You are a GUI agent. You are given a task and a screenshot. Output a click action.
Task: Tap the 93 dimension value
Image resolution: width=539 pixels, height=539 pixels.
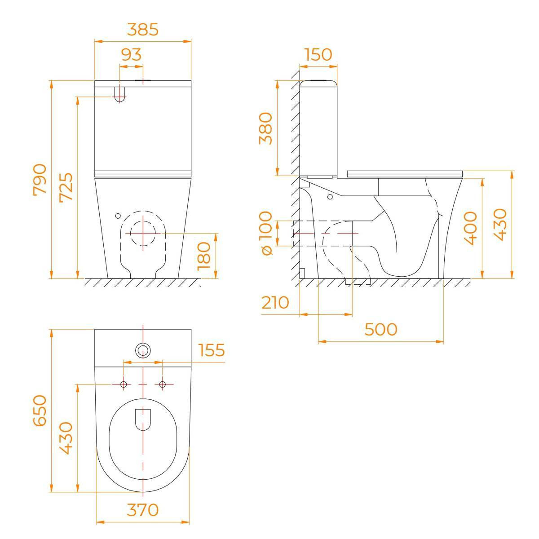pos(132,54)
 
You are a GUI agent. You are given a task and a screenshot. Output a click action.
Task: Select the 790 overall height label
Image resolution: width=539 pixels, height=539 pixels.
pos(40,180)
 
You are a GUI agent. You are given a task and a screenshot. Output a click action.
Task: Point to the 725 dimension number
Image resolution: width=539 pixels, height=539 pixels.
pos(66,187)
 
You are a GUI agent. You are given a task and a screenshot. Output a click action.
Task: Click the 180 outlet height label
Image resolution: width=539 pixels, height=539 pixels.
pos(203,256)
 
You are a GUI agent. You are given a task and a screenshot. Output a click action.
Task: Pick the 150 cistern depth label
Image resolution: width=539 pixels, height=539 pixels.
pos(318,54)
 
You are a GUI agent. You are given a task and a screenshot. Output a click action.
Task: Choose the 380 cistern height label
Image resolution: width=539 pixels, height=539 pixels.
pos(265,128)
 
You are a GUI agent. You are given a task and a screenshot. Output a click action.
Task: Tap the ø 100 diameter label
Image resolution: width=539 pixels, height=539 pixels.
pos(265,233)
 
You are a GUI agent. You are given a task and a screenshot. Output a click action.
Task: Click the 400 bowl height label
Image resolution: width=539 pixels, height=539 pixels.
pos(470,228)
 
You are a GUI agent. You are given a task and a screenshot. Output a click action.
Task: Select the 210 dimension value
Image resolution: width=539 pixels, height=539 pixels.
pos(275,302)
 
